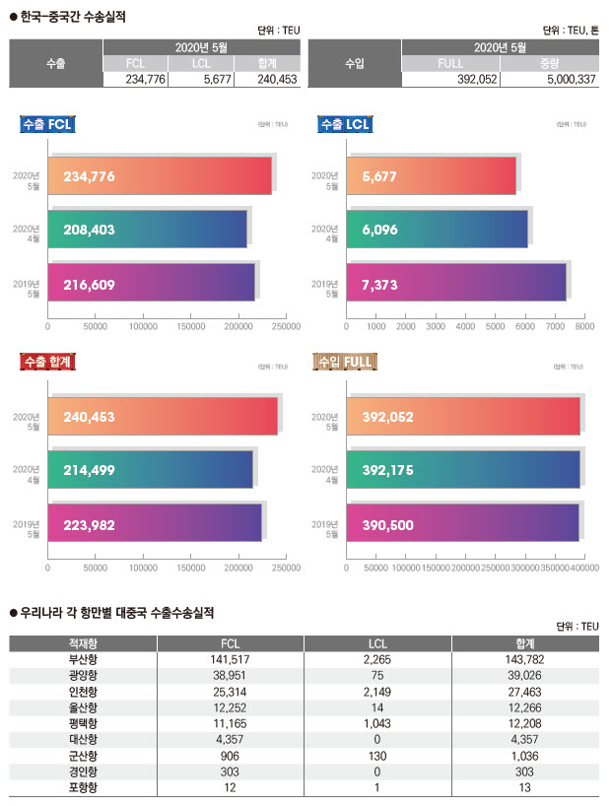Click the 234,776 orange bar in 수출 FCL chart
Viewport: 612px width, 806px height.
tap(159, 175)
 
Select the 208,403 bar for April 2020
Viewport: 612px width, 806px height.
tap(147, 229)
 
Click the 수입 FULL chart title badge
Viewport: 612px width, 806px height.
tap(344, 362)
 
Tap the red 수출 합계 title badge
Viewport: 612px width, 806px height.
tap(48, 362)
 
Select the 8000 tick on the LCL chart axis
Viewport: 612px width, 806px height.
tap(584, 325)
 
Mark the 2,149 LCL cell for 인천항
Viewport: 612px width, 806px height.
tap(378, 692)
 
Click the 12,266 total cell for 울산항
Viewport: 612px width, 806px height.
tap(523, 707)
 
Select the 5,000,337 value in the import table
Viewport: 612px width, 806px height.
tap(561, 80)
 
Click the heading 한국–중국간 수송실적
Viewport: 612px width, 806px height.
tap(75, 17)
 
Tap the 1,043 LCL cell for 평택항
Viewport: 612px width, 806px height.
tap(378, 723)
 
